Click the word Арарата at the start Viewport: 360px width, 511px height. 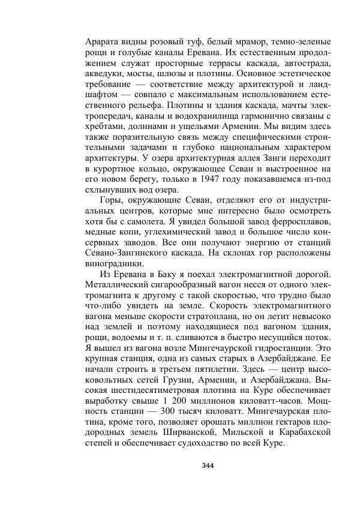click(x=103, y=42)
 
